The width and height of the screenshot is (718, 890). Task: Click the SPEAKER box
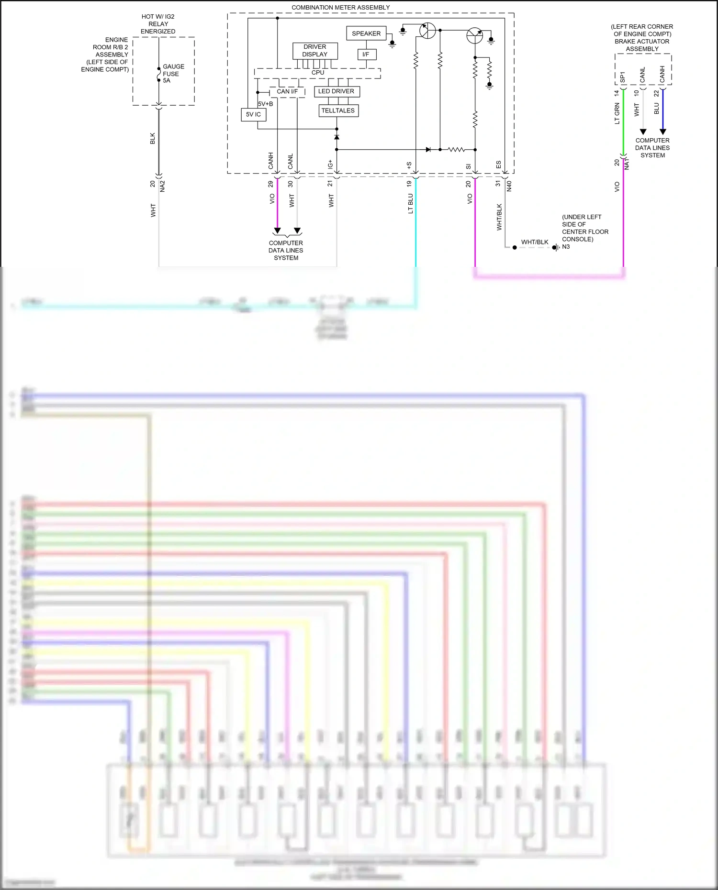coord(366,33)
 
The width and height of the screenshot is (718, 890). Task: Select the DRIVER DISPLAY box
coord(315,51)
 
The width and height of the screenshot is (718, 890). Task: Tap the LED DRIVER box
coord(337,91)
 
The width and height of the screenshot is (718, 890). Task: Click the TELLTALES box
coord(338,110)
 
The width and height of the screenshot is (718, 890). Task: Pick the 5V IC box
coord(253,114)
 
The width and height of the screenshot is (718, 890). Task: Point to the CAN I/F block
coord(287,91)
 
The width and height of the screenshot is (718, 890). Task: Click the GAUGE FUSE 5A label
coord(173,74)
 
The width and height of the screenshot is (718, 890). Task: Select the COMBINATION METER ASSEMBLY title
coord(340,8)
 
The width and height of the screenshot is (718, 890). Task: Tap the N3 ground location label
coord(566,247)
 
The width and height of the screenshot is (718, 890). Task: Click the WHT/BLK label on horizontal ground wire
coord(535,242)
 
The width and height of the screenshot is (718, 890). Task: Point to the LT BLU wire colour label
coord(410,203)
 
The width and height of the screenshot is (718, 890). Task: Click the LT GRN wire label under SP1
coord(617,113)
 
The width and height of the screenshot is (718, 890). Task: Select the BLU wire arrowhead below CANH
coord(663,132)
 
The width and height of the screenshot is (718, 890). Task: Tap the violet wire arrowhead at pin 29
coord(277,231)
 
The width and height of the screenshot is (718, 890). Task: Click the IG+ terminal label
coord(330,165)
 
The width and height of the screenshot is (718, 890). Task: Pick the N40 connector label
coord(509,186)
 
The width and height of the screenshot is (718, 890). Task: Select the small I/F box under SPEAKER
coord(366,55)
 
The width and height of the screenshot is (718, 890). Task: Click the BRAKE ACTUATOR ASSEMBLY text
coord(642,45)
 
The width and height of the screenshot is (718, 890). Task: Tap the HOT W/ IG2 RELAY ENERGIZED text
coord(158,24)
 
